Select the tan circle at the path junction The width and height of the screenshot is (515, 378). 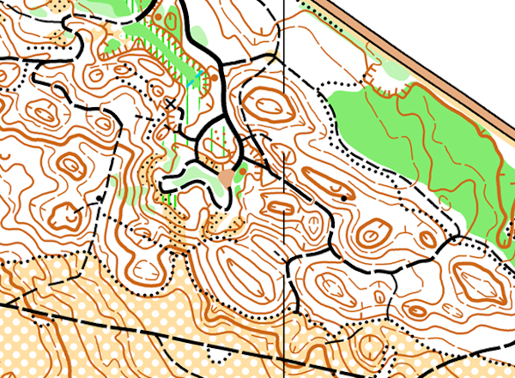point(227,177)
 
